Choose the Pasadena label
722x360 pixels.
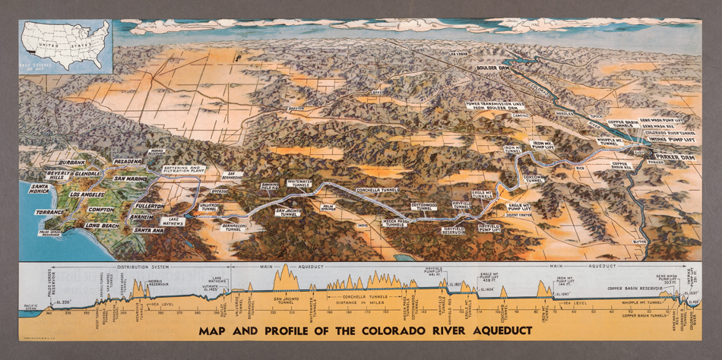pyautogui.click(x=128, y=162)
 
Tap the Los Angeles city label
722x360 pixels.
pyautogui.click(x=87, y=194)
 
